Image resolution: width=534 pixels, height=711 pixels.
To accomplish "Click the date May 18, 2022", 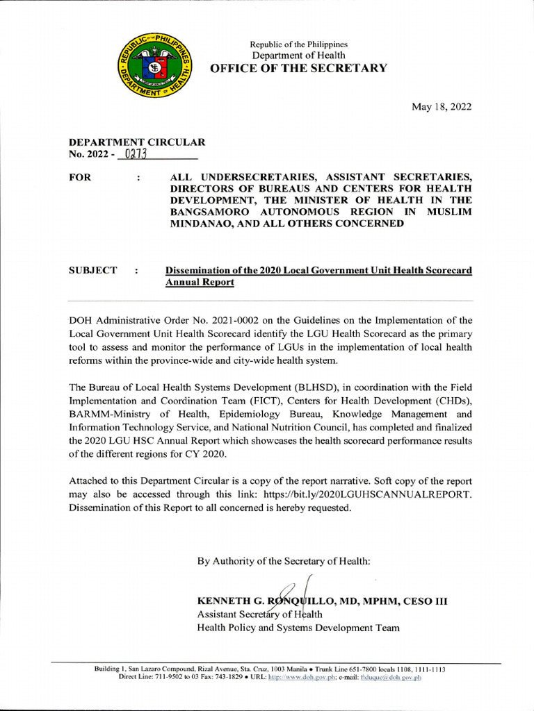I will [x=442, y=106].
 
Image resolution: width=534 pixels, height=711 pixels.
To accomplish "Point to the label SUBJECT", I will [x=92, y=270].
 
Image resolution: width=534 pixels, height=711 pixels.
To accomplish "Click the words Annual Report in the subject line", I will [x=199, y=283].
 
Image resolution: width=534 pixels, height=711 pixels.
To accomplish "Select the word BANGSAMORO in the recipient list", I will [x=216, y=212].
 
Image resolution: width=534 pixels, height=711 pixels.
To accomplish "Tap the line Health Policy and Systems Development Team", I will [x=298, y=628].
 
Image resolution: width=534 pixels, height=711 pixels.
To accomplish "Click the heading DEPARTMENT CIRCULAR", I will [x=137, y=142].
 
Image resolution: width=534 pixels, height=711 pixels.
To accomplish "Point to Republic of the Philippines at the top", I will [x=299, y=44].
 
